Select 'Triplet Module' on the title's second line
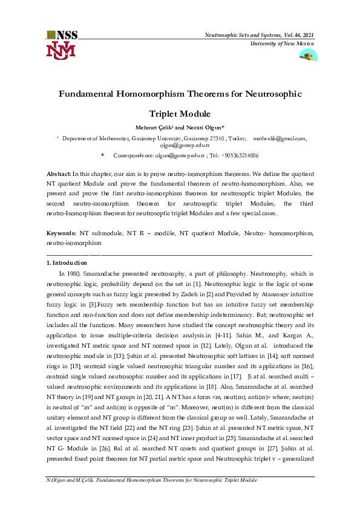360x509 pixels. click(x=180, y=114)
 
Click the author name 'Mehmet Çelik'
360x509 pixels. click(x=152, y=128)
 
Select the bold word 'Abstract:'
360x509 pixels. click(x=59, y=173)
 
